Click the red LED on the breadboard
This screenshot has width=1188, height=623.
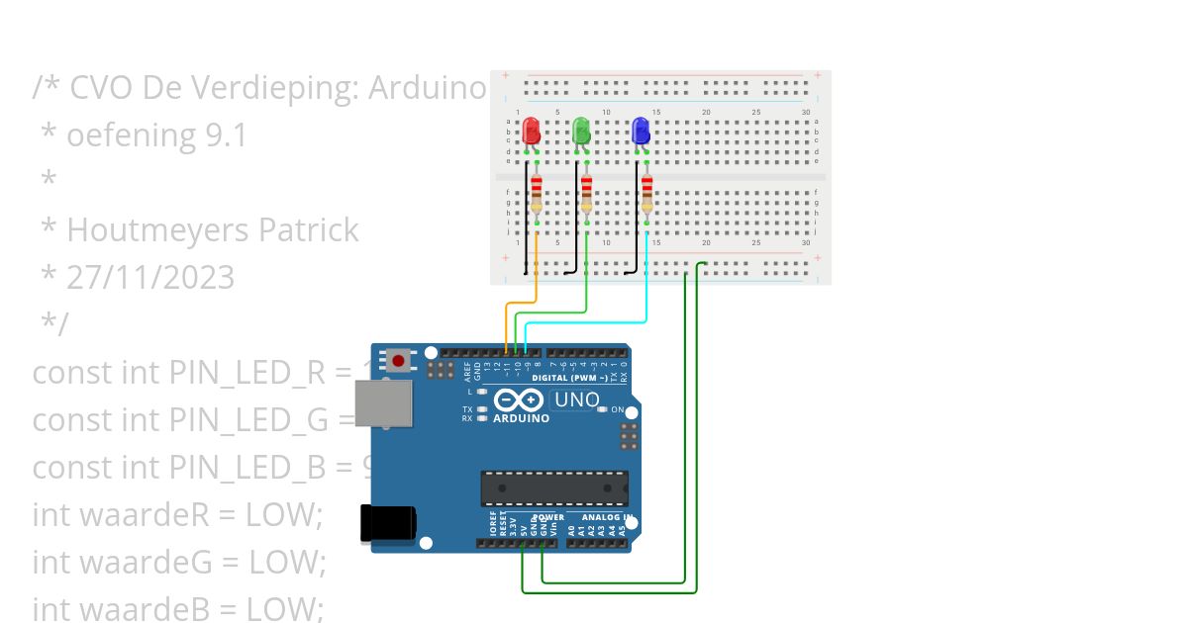pos(531,131)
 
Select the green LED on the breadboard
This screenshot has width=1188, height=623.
pos(581,131)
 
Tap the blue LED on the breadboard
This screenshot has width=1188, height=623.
pos(641,131)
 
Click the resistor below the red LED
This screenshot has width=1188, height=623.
pos(537,194)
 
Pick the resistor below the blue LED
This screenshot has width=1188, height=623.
pos(646,194)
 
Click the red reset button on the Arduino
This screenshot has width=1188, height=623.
pos(398,361)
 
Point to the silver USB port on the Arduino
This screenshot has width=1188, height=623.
pos(382,403)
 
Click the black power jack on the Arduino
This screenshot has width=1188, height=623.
pos(386,523)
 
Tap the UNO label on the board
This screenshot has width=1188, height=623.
pos(576,400)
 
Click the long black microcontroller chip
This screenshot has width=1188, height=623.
pos(553,488)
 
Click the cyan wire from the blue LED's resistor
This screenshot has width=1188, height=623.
pos(594,322)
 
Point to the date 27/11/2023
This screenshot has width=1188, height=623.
pos(150,278)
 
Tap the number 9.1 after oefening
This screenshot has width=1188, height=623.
pos(226,135)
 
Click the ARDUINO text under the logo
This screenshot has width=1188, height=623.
pos(521,418)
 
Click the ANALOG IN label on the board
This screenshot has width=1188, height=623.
pos(607,517)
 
